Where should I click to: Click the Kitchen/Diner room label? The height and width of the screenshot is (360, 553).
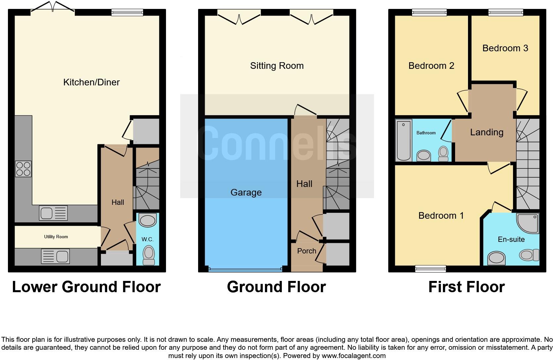coord(91,82)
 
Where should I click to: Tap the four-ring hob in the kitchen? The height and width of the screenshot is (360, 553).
coord(23,169)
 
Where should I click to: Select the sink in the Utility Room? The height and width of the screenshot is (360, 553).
coord(55,256)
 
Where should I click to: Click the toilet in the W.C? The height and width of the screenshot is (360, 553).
coord(149,255)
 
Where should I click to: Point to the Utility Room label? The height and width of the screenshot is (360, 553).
coord(56,237)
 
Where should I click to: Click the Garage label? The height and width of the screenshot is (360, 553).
coord(246,192)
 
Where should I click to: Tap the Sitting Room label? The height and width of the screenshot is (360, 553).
coord(277,66)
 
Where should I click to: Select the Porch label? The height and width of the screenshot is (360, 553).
coord(307,251)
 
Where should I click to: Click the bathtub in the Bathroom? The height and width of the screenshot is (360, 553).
coord(404,140)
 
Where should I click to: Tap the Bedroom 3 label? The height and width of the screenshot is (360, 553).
coord(505,48)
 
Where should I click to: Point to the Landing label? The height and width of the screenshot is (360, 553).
coord(487,132)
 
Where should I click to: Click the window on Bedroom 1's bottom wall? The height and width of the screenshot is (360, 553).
coord(430,269)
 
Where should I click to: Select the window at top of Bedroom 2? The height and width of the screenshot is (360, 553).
coord(429,13)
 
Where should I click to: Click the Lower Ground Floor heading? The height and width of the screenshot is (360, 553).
coord(86,287)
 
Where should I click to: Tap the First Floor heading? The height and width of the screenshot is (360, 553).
coord(466,287)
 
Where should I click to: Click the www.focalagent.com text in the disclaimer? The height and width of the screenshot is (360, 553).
coord(353,356)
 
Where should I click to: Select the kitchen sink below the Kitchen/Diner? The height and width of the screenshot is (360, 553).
coord(53,213)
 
